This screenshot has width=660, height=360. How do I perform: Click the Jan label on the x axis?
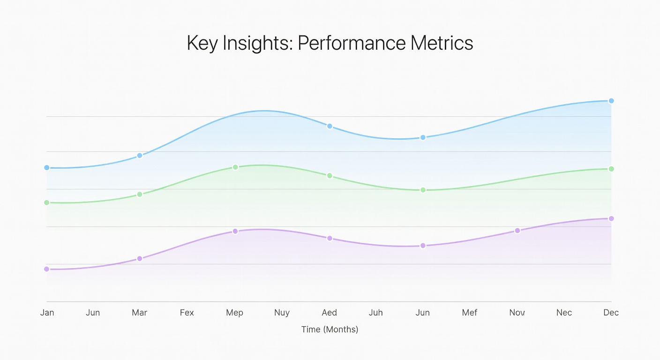(47, 313)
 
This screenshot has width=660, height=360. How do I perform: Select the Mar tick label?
(139, 313)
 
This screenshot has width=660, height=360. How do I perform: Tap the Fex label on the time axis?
(187, 313)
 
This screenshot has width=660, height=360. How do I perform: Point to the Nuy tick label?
(282, 313)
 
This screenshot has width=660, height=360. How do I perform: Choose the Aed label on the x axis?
(329, 313)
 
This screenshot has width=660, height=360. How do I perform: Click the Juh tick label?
(375, 313)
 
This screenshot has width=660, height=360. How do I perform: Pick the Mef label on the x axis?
(469, 313)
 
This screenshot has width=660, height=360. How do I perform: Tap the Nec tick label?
(564, 313)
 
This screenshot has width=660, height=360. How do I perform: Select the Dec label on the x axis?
(611, 313)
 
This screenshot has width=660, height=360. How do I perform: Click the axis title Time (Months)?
(330, 330)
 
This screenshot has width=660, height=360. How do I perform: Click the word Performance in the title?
(352, 43)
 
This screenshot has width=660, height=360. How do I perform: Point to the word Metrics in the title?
(442, 43)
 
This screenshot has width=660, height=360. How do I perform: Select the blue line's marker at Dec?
(611, 101)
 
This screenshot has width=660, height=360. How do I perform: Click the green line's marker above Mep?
(235, 167)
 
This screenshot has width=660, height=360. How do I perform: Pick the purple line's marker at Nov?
(517, 231)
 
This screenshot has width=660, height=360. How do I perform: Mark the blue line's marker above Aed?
(330, 126)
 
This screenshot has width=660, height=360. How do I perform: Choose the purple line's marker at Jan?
(46, 269)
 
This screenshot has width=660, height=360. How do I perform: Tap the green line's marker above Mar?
(139, 194)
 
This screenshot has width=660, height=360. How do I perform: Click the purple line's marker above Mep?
(235, 231)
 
